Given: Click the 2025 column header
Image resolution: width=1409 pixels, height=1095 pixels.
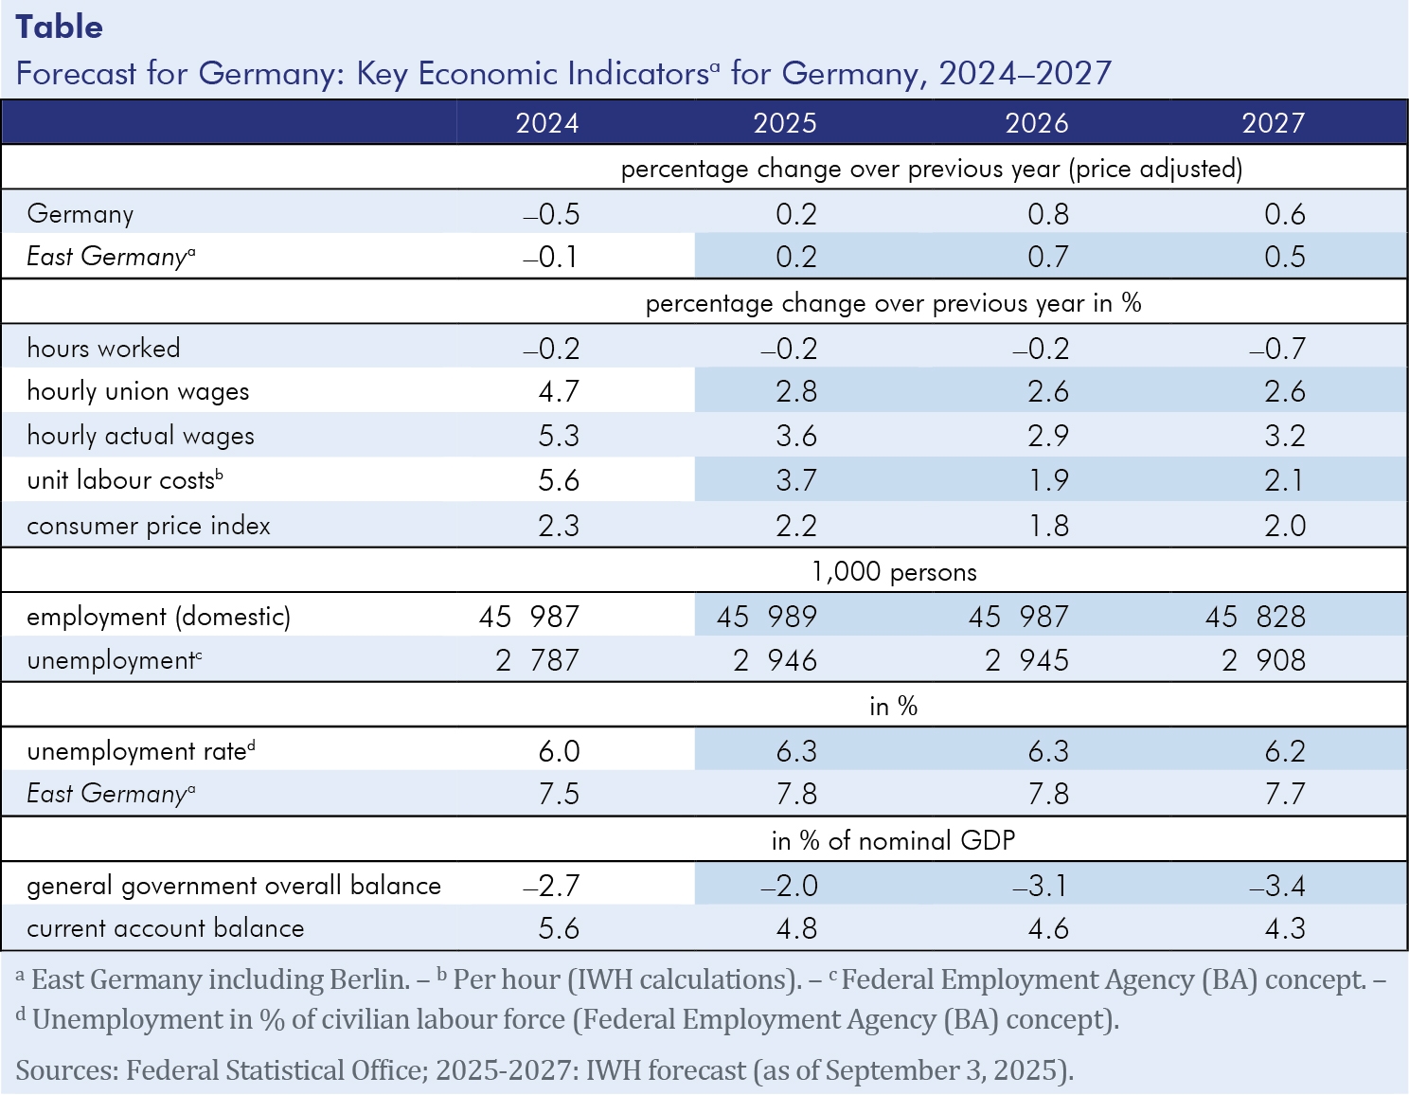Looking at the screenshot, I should pyautogui.click(x=785, y=123).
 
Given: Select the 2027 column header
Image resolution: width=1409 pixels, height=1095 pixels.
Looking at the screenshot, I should pyautogui.click(x=1273, y=123).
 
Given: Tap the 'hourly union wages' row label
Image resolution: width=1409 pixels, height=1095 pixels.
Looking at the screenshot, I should pyautogui.click(x=138, y=391).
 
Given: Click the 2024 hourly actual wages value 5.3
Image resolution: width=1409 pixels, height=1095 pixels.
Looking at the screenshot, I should pyautogui.click(x=559, y=436).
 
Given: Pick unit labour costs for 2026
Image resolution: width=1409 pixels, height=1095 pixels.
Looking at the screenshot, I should pyautogui.click(x=1048, y=480).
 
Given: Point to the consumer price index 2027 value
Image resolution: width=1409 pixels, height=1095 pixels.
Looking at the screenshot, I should pyautogui.click(x=1285, y=526).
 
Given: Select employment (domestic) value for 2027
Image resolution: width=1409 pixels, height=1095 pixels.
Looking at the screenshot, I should pyautogui.click(x=1256, y=617).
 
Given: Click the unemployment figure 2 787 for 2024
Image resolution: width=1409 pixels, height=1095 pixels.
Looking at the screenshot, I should pyautogui.click(x=537, y=660).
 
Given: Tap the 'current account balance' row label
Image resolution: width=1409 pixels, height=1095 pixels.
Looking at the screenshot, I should pyautogui.click(x=166, y=928).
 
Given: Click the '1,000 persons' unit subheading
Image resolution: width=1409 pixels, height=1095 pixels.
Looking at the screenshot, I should pyautogui.click(x=894, y=572).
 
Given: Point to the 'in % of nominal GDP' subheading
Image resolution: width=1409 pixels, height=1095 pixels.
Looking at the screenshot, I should pyautogui.click(x=893, y=840).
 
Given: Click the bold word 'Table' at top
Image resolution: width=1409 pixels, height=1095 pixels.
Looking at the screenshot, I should pyautogui.click(x=60, y=27).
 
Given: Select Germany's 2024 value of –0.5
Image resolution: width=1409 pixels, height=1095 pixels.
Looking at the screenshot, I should pyautogui.click(x=551, y=214).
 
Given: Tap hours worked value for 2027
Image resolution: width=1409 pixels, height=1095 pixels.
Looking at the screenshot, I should pyautogui.click(x=1277, y=349).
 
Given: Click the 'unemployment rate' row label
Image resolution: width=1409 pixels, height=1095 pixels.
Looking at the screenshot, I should pyautogui.click(x=137, y=751).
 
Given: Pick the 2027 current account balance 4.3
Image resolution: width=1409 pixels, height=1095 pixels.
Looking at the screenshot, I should pyautogui.click(x=1285, y=928).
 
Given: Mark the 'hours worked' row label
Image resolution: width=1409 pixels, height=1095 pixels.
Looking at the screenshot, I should pyautogui.click(x=103, y=349).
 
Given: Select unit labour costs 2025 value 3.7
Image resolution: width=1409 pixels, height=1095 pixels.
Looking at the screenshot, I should pyautogui.click(x=796, y=480).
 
